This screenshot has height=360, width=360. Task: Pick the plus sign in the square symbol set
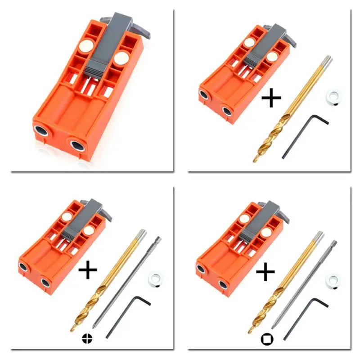[x=265, y=271]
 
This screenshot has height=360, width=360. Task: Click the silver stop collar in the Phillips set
[x=155, y=278]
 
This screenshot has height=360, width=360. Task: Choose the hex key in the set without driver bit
[x=304, y=135]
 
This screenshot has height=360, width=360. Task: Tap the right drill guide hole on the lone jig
[x=77, y=145]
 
